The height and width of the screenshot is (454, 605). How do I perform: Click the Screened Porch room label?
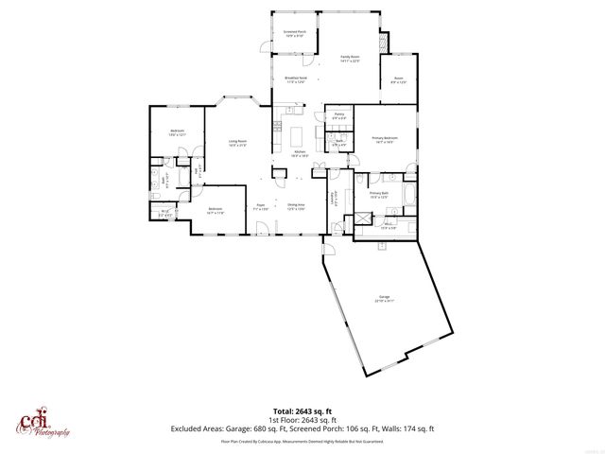click(x=295, y=33)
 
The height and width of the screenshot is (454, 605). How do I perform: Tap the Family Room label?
click(x=353, y=59)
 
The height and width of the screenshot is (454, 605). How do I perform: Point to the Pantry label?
click(x=338, y=115)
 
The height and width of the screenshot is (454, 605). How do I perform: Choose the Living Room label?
click(x=236, y=144)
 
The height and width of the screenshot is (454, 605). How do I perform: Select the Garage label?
click(x=383, y=300)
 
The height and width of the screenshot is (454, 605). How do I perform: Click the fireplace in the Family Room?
click(x=383, y=43)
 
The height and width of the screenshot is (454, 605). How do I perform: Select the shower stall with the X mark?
click(x=361, y=218)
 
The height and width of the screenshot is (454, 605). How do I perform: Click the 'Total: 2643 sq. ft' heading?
click(x=302, y=411)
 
